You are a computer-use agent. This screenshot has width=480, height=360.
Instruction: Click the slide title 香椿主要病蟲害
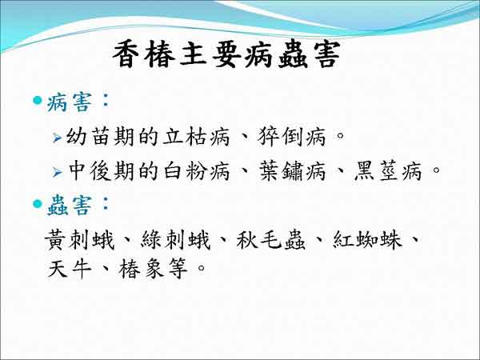tap(226, 55)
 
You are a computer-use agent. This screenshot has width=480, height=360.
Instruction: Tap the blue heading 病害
tap(69, 102)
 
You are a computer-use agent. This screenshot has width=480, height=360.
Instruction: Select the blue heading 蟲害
tap(69, 206)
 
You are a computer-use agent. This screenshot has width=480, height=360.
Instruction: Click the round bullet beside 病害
tap(38, 100)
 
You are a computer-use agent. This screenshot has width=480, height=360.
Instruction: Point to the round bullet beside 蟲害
tap(38, 203)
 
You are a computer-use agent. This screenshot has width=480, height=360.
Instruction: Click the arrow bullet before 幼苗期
tap(58, 138)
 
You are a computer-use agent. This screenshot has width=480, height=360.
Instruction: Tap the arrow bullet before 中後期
tap(58, 172)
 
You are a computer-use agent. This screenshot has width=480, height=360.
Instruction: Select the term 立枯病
tap(196, 137)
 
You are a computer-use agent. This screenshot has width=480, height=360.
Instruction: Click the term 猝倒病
tap(291, 137)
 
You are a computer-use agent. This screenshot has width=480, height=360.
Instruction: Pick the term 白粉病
tap(196, 171)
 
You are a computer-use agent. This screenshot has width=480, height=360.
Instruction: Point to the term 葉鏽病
tap(292, 171)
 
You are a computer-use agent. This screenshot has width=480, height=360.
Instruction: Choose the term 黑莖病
tap(387, 171)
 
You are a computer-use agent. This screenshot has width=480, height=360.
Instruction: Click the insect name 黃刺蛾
tap(79, 240)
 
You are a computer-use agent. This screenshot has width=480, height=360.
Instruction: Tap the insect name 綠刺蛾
tap(175, 240)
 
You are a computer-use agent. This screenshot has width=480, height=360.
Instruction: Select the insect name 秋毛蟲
tap(271, 240)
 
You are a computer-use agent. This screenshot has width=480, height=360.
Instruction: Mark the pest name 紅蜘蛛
tap(366, 240)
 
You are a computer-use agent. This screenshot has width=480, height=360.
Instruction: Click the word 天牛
tap(70, 269)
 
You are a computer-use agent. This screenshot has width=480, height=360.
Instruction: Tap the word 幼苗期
tap(100, 137)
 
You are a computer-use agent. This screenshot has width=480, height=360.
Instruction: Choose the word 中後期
tap(101, 171)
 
